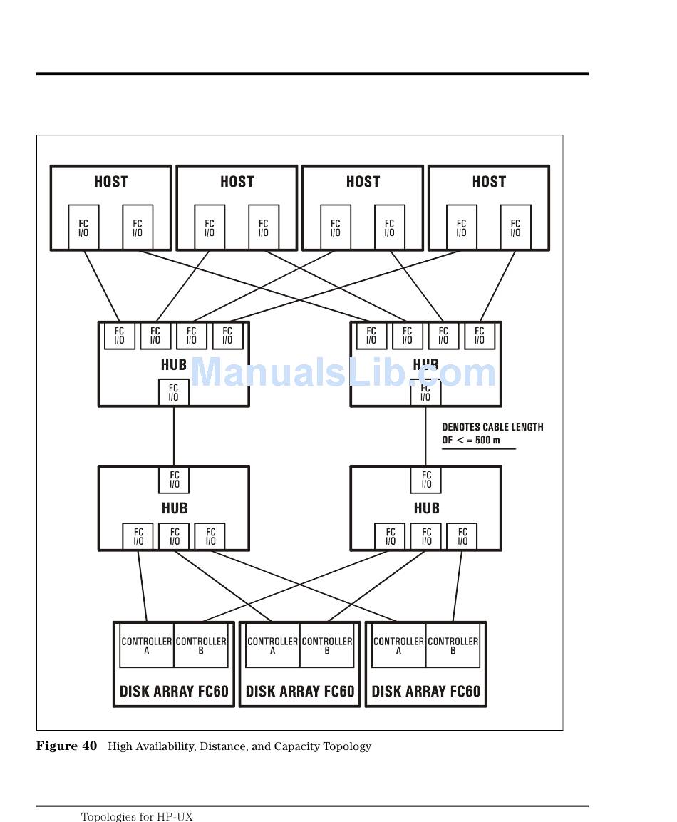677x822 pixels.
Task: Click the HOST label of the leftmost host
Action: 111,182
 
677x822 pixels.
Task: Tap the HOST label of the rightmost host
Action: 489,182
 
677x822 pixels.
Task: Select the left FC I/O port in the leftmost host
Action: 83,228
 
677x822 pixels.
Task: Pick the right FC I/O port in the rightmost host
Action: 515,228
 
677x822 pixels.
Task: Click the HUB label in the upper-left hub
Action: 174,365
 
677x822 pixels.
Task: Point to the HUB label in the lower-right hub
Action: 426,508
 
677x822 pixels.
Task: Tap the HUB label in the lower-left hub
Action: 174,508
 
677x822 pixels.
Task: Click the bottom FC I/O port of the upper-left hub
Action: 174,393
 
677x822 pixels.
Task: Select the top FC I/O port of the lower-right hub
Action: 426,480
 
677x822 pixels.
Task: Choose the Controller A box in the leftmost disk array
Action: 147,645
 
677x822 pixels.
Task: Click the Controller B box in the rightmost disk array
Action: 453,645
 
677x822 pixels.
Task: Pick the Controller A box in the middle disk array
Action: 272,645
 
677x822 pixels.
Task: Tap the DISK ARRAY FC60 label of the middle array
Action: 300,691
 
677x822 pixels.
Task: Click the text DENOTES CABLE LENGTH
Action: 492,427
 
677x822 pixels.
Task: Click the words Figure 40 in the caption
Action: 66,746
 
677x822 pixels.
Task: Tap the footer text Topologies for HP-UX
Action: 137,817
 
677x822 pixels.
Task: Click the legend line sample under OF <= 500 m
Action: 478,449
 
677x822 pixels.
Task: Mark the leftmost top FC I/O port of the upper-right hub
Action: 371,336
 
